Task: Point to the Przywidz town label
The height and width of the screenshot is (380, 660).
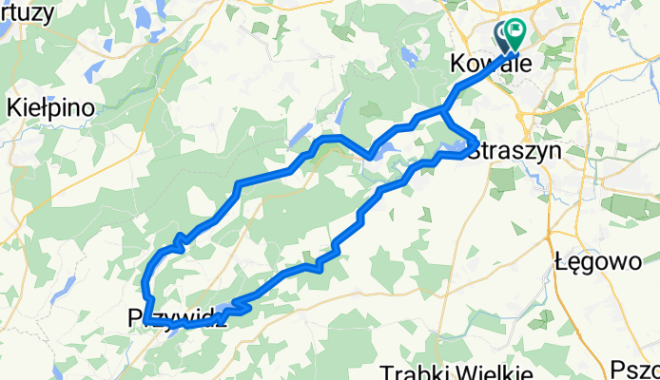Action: [177, 319]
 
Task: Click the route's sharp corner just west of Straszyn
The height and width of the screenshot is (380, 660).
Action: [475, 142]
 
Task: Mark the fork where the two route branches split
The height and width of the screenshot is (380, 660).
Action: [443, 112]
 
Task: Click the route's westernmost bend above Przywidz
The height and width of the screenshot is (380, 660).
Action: [145, 282]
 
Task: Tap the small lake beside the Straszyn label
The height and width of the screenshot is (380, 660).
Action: [455, 148]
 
